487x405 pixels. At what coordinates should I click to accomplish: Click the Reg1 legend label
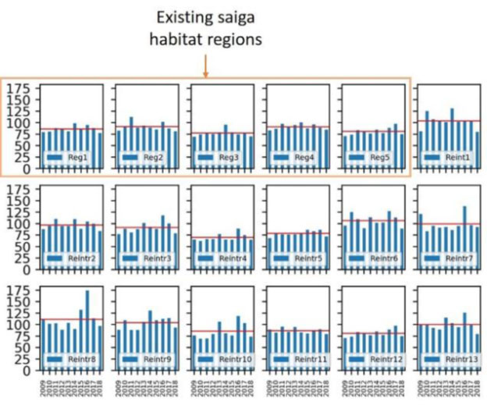tap(78, 158)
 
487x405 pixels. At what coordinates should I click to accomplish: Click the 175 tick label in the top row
tap(18, 89)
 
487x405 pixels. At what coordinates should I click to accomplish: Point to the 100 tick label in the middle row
tap(18, 224)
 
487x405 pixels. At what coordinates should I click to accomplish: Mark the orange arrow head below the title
tap(205, 76)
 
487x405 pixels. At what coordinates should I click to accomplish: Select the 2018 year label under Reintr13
tap(478, 386)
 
